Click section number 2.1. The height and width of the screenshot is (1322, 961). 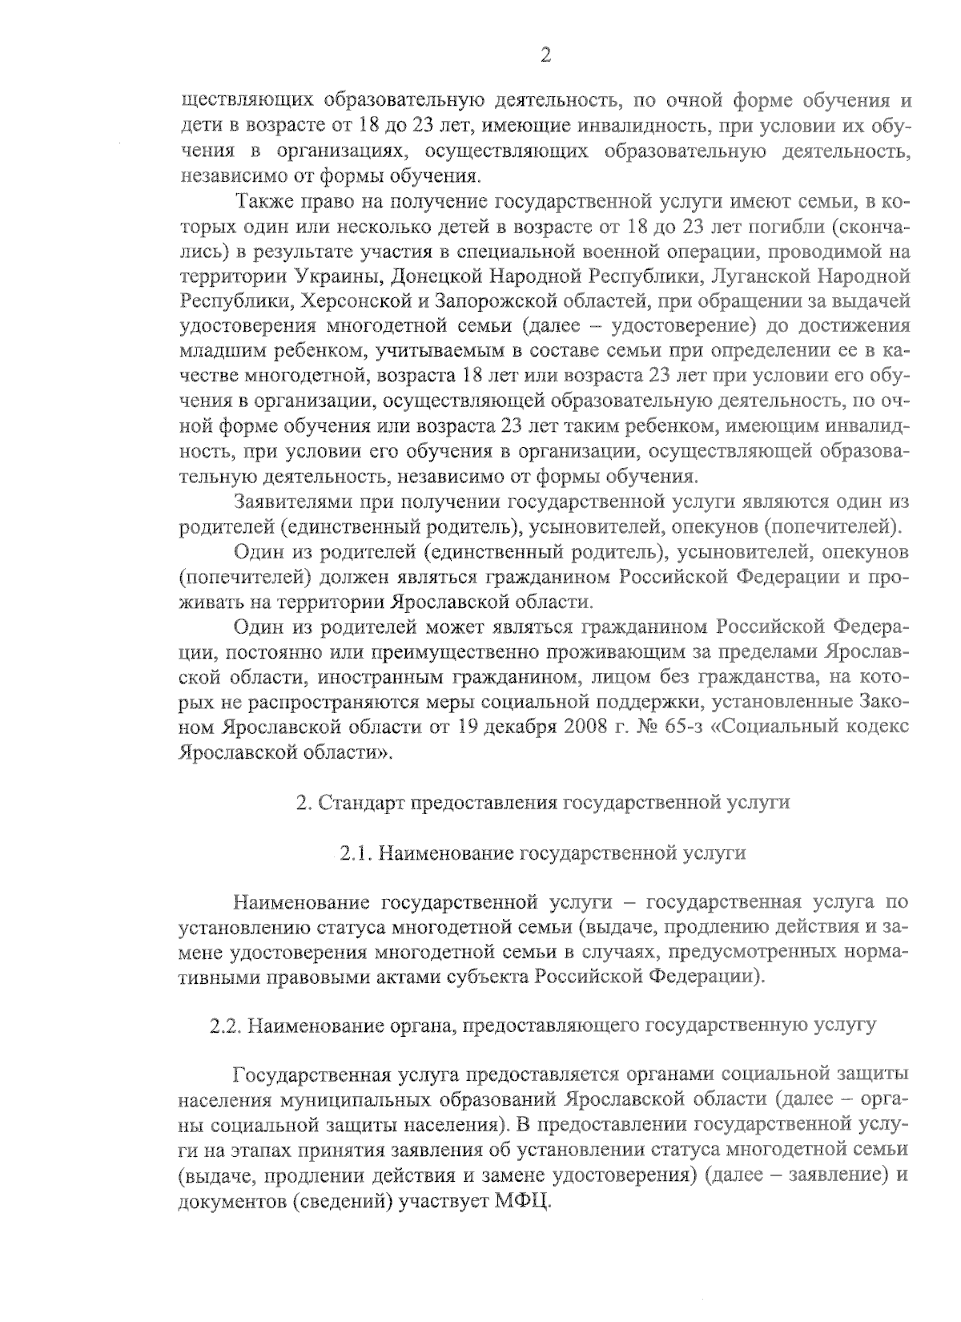tap(356, 853)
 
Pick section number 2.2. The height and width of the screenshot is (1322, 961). tap(226, 1026)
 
